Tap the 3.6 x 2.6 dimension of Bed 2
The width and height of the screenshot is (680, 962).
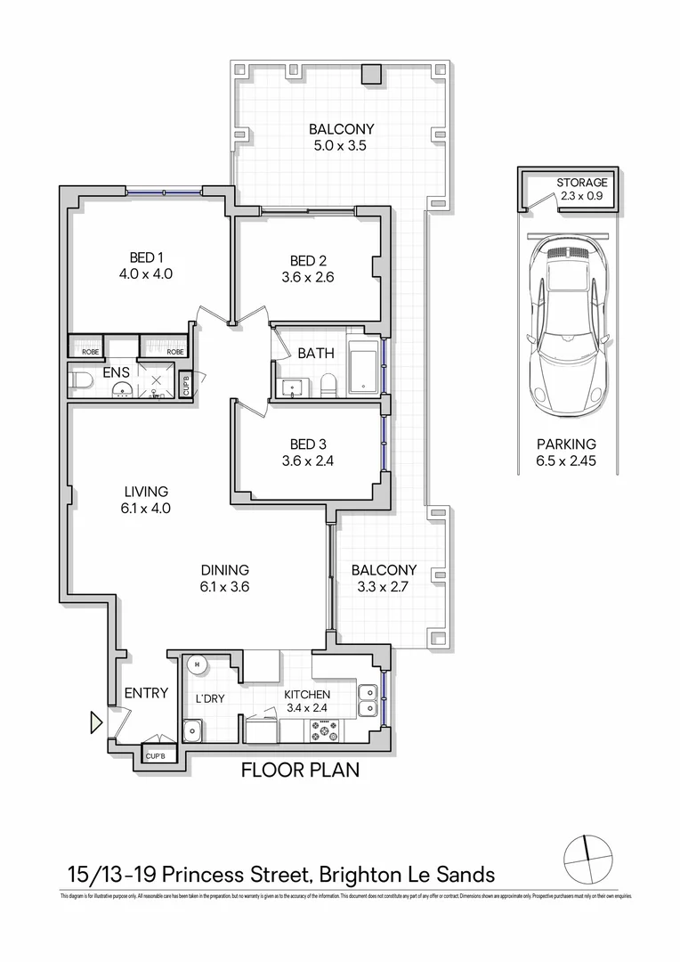coord(308,277)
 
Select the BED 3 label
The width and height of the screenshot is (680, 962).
coord(308,444)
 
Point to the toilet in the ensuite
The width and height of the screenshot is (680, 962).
coord(83,381)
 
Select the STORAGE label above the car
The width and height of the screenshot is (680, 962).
coord(582,182)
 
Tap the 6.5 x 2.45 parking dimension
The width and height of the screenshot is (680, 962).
coord(566,461)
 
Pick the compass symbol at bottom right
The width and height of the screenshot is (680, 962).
coord(588,860)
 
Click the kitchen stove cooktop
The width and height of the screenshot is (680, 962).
coord(327,731)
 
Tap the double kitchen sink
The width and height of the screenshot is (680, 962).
coord(367,700)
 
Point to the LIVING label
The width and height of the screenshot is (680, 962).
coord(146,492)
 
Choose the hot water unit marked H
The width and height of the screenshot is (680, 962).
coord(197,664)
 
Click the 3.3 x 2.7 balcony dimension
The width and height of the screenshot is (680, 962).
coord(384,587)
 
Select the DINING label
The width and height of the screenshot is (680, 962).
coord(224,570)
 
